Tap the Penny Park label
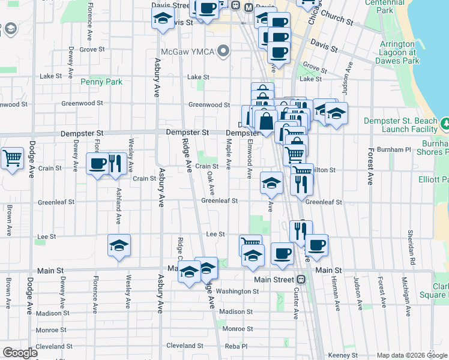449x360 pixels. tap(101, 82)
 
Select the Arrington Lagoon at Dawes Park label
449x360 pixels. tap(400, 53)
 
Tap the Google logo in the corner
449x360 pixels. tap(20, 353)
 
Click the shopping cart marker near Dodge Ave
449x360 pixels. tap(12, 159)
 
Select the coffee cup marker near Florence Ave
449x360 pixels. tap(98, 164)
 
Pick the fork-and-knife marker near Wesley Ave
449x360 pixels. tap(116, 164)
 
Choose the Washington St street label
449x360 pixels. tap(237, 292)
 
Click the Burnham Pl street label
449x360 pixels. tap(399, 149)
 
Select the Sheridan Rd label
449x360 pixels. tap(412, 239)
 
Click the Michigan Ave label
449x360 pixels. tap(406, 293)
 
